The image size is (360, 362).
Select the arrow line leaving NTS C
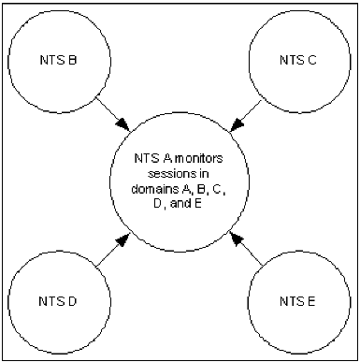click(x=245, y=109)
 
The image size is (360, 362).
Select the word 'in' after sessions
click(x=204, y=173)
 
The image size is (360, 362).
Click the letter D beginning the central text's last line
click(x=165, y=204)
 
